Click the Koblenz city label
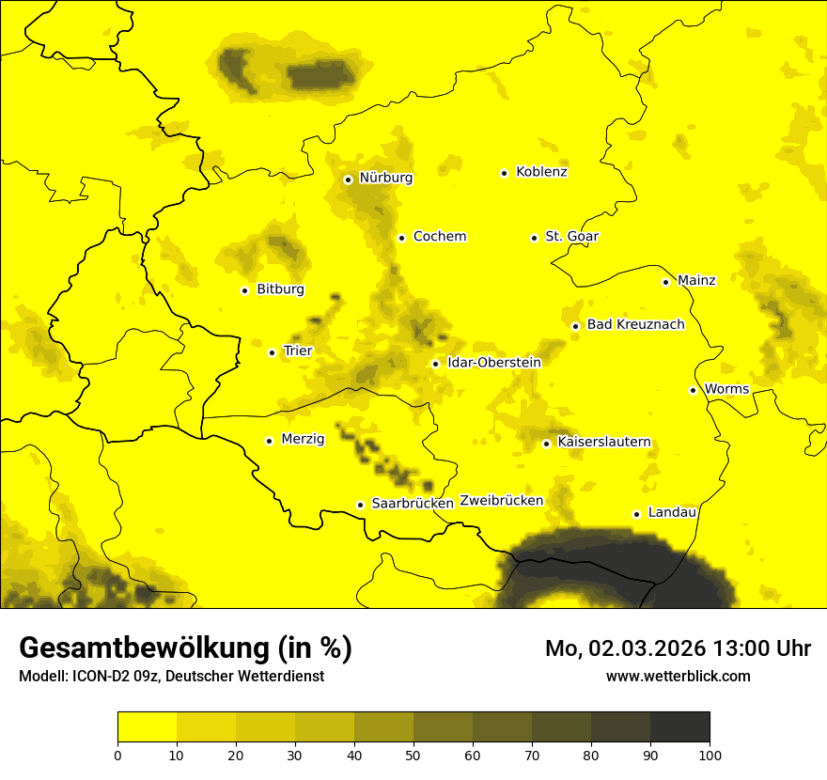(541, 172)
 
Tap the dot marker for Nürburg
(348, 179)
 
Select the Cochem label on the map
(439, 236)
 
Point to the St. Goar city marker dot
(534, 238)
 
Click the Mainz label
(696, 280)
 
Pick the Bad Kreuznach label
(635, 324)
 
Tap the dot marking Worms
(693, 390)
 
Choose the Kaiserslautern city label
(603, 442)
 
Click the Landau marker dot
(636, 514)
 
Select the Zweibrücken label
(501, 501)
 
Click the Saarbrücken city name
(413, 503)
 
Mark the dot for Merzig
(269, 440)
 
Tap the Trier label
(297, 351)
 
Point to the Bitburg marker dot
(244, 290)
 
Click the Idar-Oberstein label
(493, 362)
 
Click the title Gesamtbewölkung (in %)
(185, 648)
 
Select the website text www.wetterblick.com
(678, 676)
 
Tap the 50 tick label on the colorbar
(413, 754)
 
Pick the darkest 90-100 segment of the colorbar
(679, 727)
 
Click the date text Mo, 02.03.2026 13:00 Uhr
(678, 648)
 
